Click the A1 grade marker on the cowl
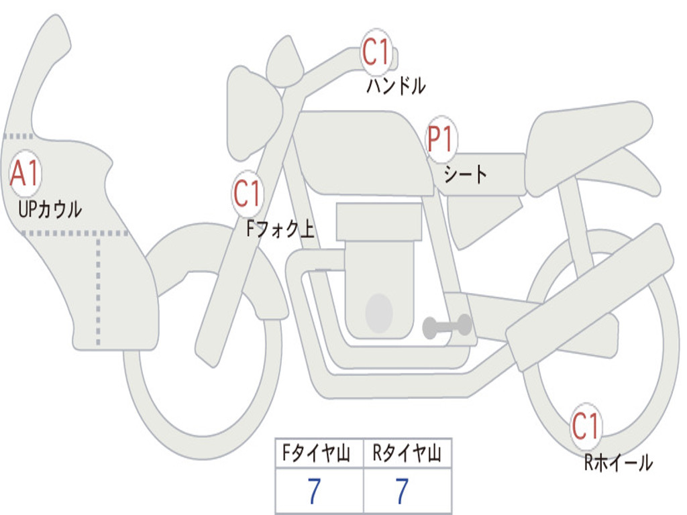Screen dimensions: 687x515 click(x=25, y=174)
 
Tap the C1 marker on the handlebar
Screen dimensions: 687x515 click(x=376, y=52)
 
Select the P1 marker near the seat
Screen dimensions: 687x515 click(x=441, y=139)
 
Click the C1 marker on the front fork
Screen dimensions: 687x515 click(x=248, y=194)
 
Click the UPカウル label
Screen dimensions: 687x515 click(x=50, y=209)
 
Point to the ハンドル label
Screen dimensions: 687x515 click(x=396, y=85)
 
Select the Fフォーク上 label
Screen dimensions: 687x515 click(x=280, y=229)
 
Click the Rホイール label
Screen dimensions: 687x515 click(x=618, y=463)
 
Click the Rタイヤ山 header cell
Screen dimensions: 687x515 click(x=407, y=453)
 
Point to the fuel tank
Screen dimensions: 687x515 click(x=362, y=153)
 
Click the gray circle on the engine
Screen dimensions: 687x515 click(x=379, y=313)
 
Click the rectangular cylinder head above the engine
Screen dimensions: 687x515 click(x=379, y=221)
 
